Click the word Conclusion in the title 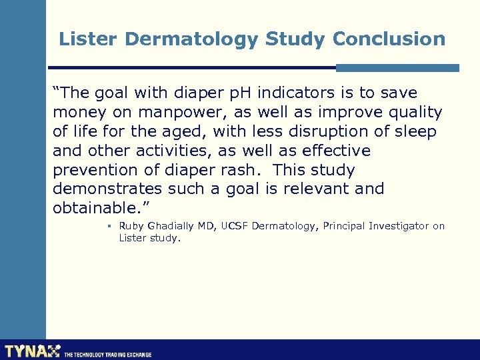pos(389,39)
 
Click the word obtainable pos(97,208)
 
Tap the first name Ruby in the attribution pos(131,226)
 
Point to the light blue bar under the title pos(397,67)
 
